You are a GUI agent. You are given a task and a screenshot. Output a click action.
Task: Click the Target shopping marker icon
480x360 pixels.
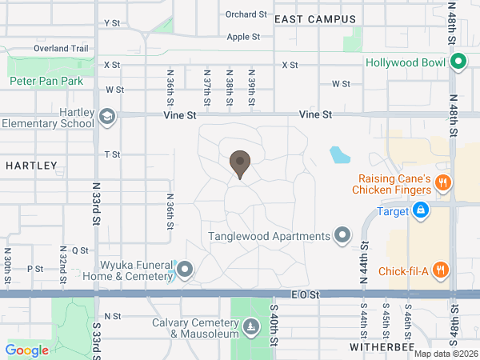coord(419,211)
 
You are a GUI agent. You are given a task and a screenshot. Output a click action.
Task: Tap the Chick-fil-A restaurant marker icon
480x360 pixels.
coord(440,270)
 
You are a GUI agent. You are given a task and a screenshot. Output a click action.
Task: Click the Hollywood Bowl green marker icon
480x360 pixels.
coord(458,62)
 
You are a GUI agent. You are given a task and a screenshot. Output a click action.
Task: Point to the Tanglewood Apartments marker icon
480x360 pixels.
coord(343,235)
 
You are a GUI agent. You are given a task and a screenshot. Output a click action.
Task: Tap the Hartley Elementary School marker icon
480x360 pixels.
coord(106,118)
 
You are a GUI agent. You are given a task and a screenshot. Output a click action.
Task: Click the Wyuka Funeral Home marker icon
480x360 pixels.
coord(185,270)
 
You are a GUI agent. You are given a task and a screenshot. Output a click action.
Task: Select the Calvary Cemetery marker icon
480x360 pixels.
coord(252,327)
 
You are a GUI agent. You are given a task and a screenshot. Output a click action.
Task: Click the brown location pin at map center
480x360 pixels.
coord(239,164)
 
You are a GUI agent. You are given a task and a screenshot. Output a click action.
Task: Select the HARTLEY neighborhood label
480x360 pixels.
coord(31,166)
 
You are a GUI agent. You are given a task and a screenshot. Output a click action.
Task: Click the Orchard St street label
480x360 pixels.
coord(246,14)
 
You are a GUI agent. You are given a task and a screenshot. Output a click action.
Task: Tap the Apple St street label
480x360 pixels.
coord(244,37)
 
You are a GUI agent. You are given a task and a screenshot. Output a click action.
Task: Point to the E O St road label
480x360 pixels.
coord(305,294)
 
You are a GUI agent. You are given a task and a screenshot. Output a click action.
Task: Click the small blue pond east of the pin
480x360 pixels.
coord(340,154)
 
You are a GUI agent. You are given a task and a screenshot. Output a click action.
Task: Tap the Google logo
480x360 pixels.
coord(26,350)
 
